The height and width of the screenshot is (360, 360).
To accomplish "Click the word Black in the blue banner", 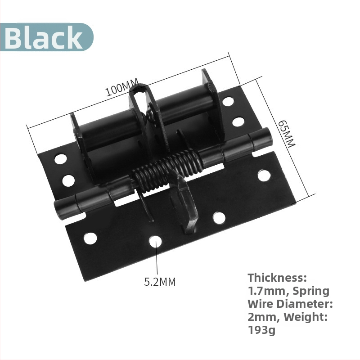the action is (x=43, y=37).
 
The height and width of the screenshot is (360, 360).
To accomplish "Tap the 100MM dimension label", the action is (x=122, y=87).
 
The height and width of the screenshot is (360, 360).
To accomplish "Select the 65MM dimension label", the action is (x=286, y=134).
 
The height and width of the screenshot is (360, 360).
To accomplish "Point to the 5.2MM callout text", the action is (x=160, y=282).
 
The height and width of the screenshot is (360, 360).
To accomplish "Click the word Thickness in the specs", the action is (x=277, y=278).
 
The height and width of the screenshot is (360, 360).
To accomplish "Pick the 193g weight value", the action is (x=261, y=330).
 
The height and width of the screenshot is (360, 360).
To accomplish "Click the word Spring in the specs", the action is (x=311, y=291).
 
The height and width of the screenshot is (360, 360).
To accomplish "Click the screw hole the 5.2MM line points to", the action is (x=155, y=242).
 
